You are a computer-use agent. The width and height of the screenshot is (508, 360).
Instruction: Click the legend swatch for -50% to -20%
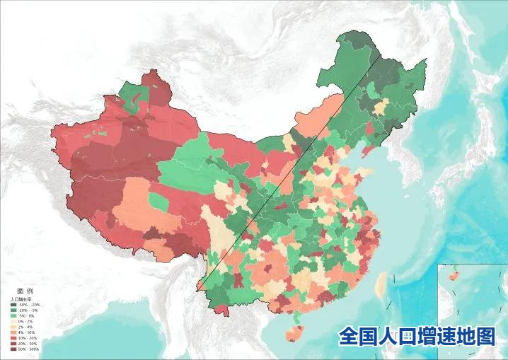click(13, 305)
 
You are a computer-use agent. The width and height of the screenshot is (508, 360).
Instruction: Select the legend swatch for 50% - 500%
click(13, 349)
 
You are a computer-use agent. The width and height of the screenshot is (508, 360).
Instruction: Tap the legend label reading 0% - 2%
click(27, 322)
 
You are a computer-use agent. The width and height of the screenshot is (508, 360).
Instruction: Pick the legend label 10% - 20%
click(28, 338)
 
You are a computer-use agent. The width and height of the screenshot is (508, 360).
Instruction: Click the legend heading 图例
click(25, 291)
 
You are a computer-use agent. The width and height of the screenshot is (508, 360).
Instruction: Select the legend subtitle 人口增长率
click(21, 299)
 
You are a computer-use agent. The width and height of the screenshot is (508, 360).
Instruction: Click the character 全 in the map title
click(349, 337)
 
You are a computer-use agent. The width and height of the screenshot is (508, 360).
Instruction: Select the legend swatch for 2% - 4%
click(13, 327)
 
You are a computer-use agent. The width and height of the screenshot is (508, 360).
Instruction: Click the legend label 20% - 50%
click(28, 344)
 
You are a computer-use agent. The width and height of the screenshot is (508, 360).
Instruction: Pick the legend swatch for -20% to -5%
click(13, 310)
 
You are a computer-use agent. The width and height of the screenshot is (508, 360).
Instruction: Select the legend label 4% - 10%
click(27, 332)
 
